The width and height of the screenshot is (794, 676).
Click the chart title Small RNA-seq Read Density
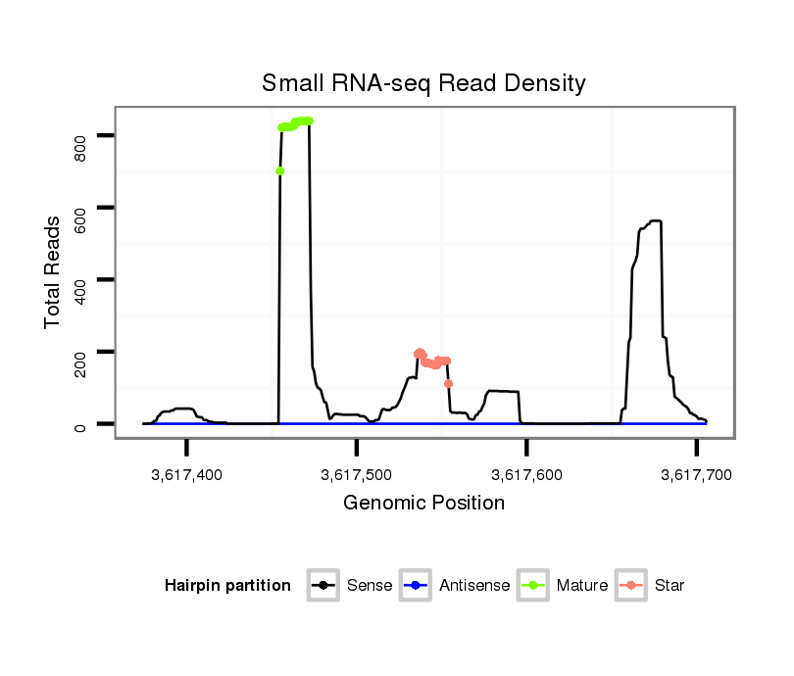point(423,83)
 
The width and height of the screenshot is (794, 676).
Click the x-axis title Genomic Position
point(423,504)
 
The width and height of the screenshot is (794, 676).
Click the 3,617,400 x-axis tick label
point(186,475)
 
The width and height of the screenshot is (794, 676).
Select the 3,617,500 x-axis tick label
point(357,475)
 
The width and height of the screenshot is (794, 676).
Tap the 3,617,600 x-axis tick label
point(527,475)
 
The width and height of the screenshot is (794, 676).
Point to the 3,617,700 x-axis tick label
point(697,475)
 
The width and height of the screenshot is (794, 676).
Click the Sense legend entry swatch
point(323,586)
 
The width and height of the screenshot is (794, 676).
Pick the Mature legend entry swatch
point(533,586)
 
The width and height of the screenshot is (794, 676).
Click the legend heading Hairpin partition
point(227,586)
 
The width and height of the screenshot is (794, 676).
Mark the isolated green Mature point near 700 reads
point(280,171)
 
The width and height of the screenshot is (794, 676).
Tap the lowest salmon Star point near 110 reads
point(448,383)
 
